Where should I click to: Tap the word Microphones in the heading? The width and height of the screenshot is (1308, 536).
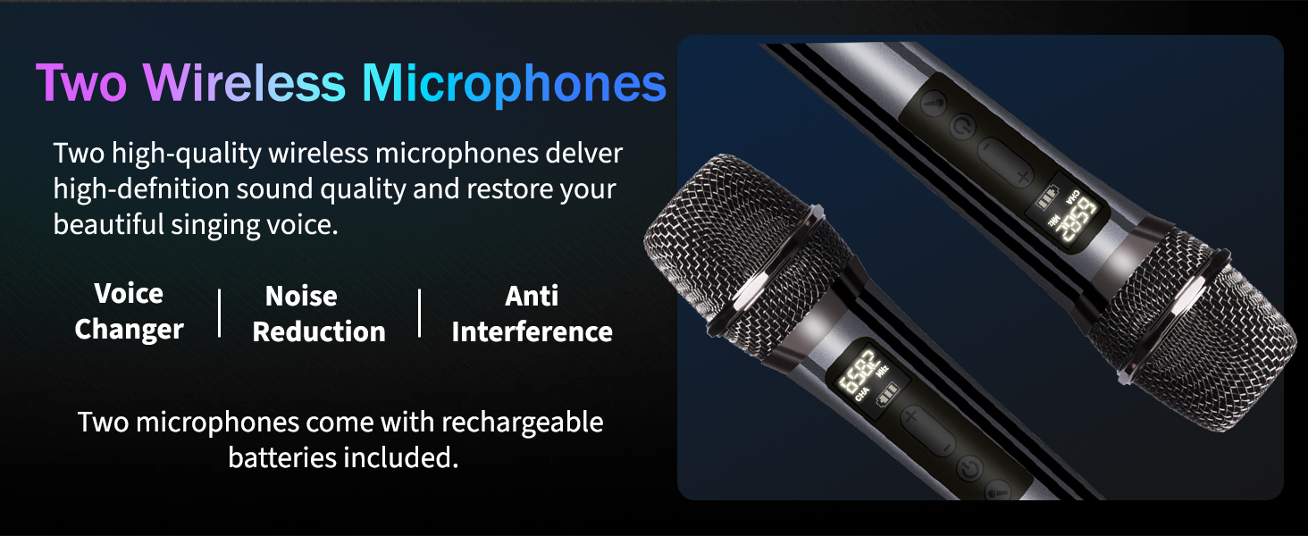[x=514, y=83]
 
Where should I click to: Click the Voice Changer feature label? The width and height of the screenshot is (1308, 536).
[x=130, y=312]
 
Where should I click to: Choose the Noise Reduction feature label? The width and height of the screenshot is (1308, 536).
[x=319, y=314]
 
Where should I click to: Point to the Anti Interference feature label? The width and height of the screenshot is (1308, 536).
[x=532, y=314]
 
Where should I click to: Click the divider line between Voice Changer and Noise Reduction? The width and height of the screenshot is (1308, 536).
[x=220, y=314]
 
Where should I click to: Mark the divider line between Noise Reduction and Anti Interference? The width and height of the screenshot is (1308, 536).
[x=420, y=314]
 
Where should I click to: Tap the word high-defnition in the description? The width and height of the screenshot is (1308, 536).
[x=135, y=189]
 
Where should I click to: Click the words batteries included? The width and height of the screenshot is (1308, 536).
[x=343, y=458]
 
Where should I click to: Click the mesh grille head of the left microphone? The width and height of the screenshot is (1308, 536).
[x=742, y=250]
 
